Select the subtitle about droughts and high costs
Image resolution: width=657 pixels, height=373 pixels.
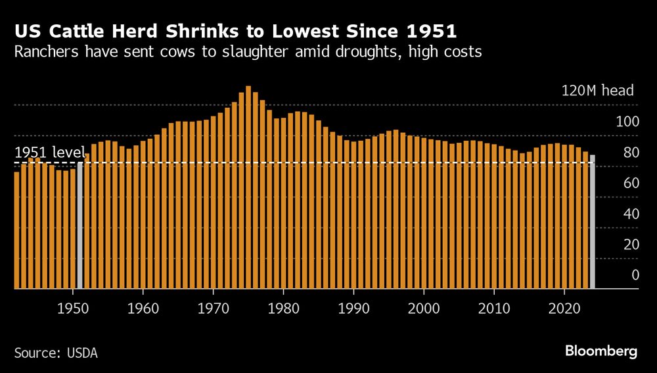coord(248,52)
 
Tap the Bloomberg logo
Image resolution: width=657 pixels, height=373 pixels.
coord(601,351)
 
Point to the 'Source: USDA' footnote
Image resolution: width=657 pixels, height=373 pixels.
coord(56,353)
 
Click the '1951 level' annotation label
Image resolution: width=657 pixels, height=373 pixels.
coord(50,153)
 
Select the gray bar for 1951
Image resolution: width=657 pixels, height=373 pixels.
coord(80,225)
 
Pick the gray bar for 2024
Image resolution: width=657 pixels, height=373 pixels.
coord(593,222)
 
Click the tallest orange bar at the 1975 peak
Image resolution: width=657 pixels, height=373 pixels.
coord(248,187)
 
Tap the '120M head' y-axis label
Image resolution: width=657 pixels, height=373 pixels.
coord(597,91)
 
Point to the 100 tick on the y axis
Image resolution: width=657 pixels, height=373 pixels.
coord(627,122)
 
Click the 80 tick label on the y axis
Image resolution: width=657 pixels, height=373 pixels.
coord(630,153)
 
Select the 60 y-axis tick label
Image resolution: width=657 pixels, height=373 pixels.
coord(630,183)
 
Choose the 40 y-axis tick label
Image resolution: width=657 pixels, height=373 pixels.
coord(630,214)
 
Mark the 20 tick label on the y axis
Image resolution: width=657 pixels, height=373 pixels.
coord(630,245)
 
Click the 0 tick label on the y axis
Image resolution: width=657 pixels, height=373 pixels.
coord(635,275)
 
